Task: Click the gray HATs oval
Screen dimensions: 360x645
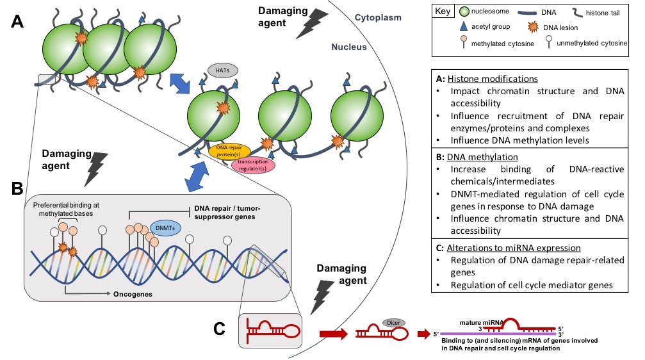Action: [x=220, y=70]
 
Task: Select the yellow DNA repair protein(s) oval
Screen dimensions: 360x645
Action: [x=229, y=151]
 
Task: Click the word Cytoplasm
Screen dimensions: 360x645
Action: [x=378, y=18]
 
